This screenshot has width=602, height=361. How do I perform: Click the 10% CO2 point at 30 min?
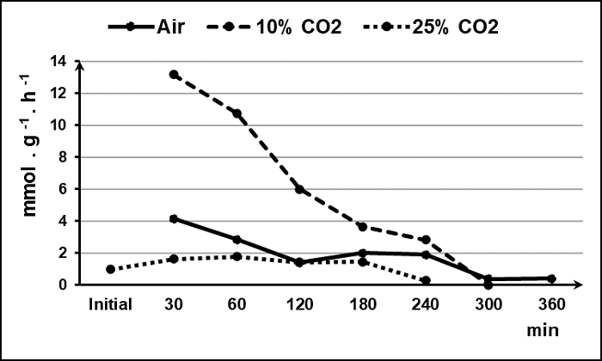point(174,75)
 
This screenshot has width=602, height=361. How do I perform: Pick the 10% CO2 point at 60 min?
point(236,113)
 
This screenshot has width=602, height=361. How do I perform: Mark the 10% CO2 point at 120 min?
point(299,189)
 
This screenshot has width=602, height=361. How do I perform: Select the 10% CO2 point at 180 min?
point(362,227)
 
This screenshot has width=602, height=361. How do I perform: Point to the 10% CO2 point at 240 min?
point(425,240)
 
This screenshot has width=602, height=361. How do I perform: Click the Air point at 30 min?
point(174,219)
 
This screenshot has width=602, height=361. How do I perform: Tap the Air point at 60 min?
point(236,240)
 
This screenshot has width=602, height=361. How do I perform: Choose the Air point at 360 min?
point(550,278)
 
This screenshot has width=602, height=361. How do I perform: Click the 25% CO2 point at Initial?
point(111,269)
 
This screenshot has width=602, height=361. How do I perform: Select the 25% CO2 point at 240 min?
point(425,280)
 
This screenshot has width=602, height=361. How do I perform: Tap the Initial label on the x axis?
point(111,303)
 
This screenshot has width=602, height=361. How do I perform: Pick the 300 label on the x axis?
point(488,303)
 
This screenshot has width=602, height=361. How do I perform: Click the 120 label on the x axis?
point(299,303)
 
